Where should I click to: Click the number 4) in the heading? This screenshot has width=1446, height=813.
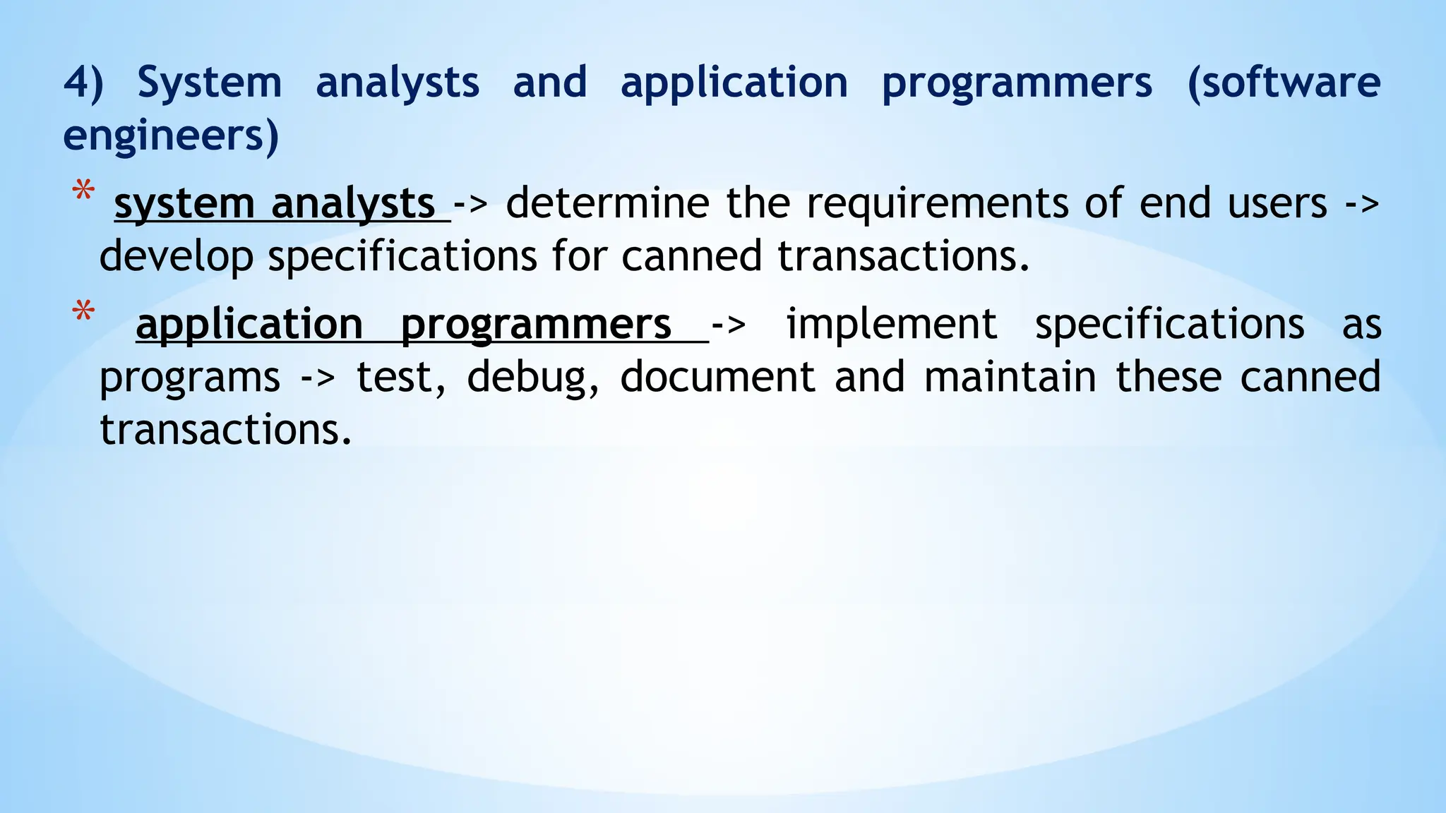(x=83, y=83)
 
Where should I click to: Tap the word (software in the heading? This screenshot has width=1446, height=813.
(x=1284, y=83)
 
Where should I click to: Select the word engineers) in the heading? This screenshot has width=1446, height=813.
(x=171, y=135)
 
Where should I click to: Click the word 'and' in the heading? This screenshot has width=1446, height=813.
(x=549, y=83)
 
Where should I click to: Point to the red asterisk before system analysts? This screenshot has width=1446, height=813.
(x=84, y=192)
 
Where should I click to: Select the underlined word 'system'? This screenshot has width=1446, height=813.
(x=184, y=204)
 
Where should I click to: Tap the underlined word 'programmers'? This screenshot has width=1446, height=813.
(x=536, y=325)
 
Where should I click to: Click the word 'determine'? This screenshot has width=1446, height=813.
(x=607, y=204)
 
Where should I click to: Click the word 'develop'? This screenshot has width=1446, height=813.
(x=176, y=256)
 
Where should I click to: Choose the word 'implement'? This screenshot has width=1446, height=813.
(x=892, y=325)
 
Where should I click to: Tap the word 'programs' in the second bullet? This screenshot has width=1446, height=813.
(x=189, y=378)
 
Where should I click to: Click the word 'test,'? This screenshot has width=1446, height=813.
(x=401, y=378)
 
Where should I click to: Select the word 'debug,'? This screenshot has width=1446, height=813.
(x=533, y=378)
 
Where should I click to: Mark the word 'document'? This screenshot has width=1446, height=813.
(x=717, y=378)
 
